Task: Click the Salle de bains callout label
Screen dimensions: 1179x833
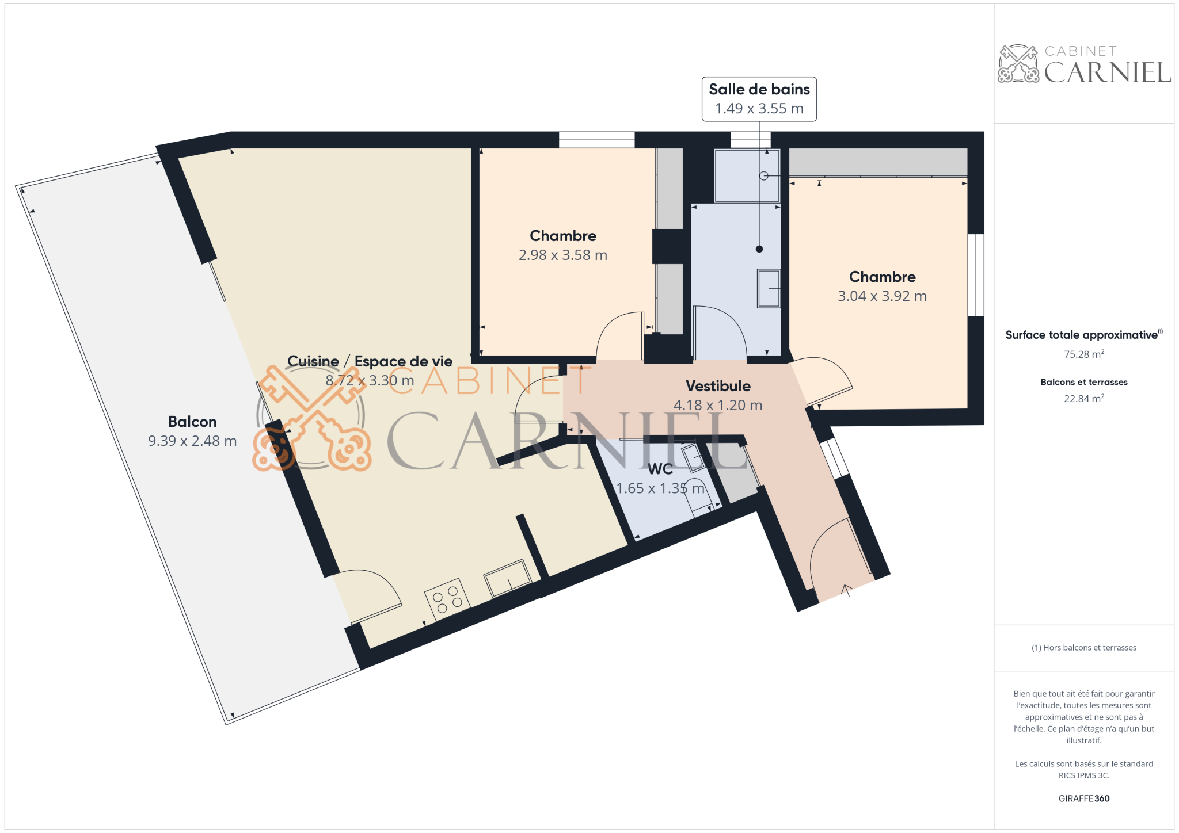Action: coord(759,99)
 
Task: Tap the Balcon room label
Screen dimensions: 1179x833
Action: coord(192,422)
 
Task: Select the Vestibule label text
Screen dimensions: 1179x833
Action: coord(718,386)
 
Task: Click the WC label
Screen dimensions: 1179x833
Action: coord(660,469)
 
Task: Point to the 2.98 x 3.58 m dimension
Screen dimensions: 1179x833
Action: coord(562,255)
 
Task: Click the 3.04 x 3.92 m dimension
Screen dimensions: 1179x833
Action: coord(882,296)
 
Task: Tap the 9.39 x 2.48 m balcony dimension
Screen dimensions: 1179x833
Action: coord(192,441)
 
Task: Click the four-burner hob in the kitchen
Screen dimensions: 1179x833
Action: coord(447,599)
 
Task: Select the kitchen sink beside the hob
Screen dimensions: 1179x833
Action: coord(507,578)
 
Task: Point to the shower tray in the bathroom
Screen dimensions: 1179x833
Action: coord(747,176)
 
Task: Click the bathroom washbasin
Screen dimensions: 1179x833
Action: coord(769,288)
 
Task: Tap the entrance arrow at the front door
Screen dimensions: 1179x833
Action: coord(846,590)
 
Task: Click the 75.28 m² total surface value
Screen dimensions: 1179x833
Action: coord(1083,354)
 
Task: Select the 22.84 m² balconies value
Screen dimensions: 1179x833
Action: coord(1083,399)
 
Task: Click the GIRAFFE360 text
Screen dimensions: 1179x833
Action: coord(1083,798)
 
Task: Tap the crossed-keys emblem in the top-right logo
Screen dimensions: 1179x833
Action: coord(1018,63)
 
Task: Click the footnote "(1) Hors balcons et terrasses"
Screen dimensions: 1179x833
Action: coord(1083,648)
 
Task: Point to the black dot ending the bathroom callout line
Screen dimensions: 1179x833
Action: coord(759,249)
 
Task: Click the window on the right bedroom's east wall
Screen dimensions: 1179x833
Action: coord(976,275)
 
